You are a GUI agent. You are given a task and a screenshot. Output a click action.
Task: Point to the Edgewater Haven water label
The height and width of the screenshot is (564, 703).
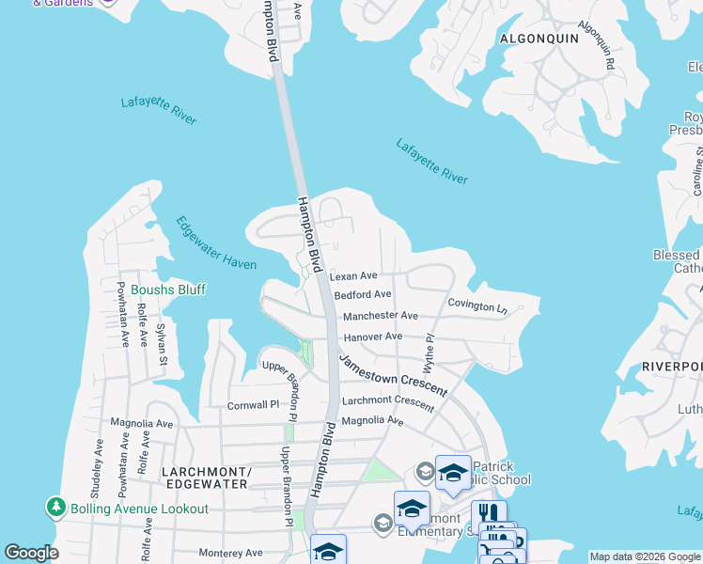(x=215, y=243)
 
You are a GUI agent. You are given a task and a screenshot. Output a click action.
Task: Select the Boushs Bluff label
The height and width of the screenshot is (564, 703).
(x=167, y=290)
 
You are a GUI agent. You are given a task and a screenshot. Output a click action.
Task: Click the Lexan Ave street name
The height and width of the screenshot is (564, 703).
(x=352, y=276)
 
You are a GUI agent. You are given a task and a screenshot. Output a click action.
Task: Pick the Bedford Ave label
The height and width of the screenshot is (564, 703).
(x=363, y=295)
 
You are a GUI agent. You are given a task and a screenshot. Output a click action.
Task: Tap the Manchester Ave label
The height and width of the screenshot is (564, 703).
(x=380, y=317)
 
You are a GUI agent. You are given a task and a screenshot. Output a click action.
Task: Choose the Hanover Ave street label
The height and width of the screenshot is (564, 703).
(x=372, y=337)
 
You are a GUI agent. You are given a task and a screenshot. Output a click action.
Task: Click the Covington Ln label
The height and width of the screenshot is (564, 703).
(x=476, y=305)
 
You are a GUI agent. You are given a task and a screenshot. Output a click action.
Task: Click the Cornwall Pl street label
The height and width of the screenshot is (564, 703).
(x=254, y=406)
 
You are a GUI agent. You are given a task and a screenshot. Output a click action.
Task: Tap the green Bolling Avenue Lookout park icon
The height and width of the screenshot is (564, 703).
(x=56, y=508)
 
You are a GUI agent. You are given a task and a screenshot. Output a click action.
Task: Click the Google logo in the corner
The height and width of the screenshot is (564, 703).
(x=31, y=553)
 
